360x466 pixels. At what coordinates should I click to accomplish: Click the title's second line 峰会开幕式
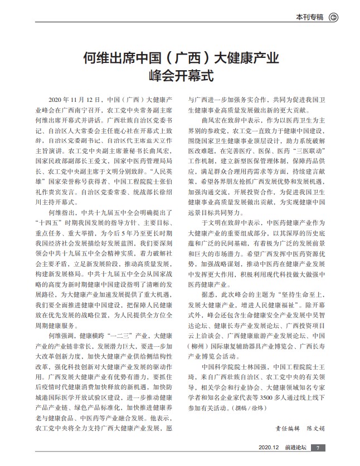point(181,74)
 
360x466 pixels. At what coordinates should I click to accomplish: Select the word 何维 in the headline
point(96,57)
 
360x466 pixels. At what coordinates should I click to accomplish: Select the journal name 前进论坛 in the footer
point(294,449)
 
